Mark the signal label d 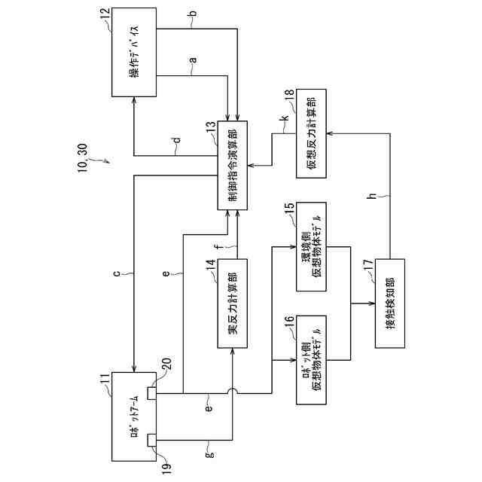[175, 139]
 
